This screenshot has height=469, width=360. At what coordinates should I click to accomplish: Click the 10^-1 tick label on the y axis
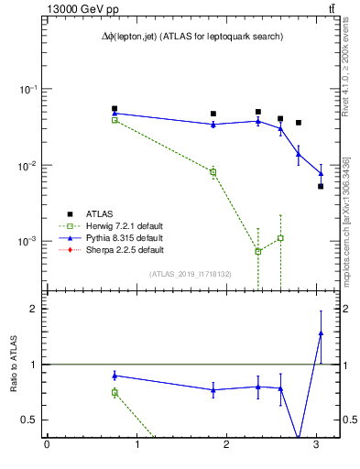[x=29, y=89]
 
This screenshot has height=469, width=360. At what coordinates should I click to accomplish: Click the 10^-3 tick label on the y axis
[x=29, y=241]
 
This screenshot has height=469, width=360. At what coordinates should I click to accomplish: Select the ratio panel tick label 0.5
[x=29, y=420]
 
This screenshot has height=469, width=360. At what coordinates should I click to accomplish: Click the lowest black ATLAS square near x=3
[x=321, y=186]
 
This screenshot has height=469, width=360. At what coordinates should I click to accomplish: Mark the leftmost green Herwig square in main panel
[x=115, y=120]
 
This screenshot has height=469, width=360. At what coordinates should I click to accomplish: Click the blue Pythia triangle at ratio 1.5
[x=321, y=333]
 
